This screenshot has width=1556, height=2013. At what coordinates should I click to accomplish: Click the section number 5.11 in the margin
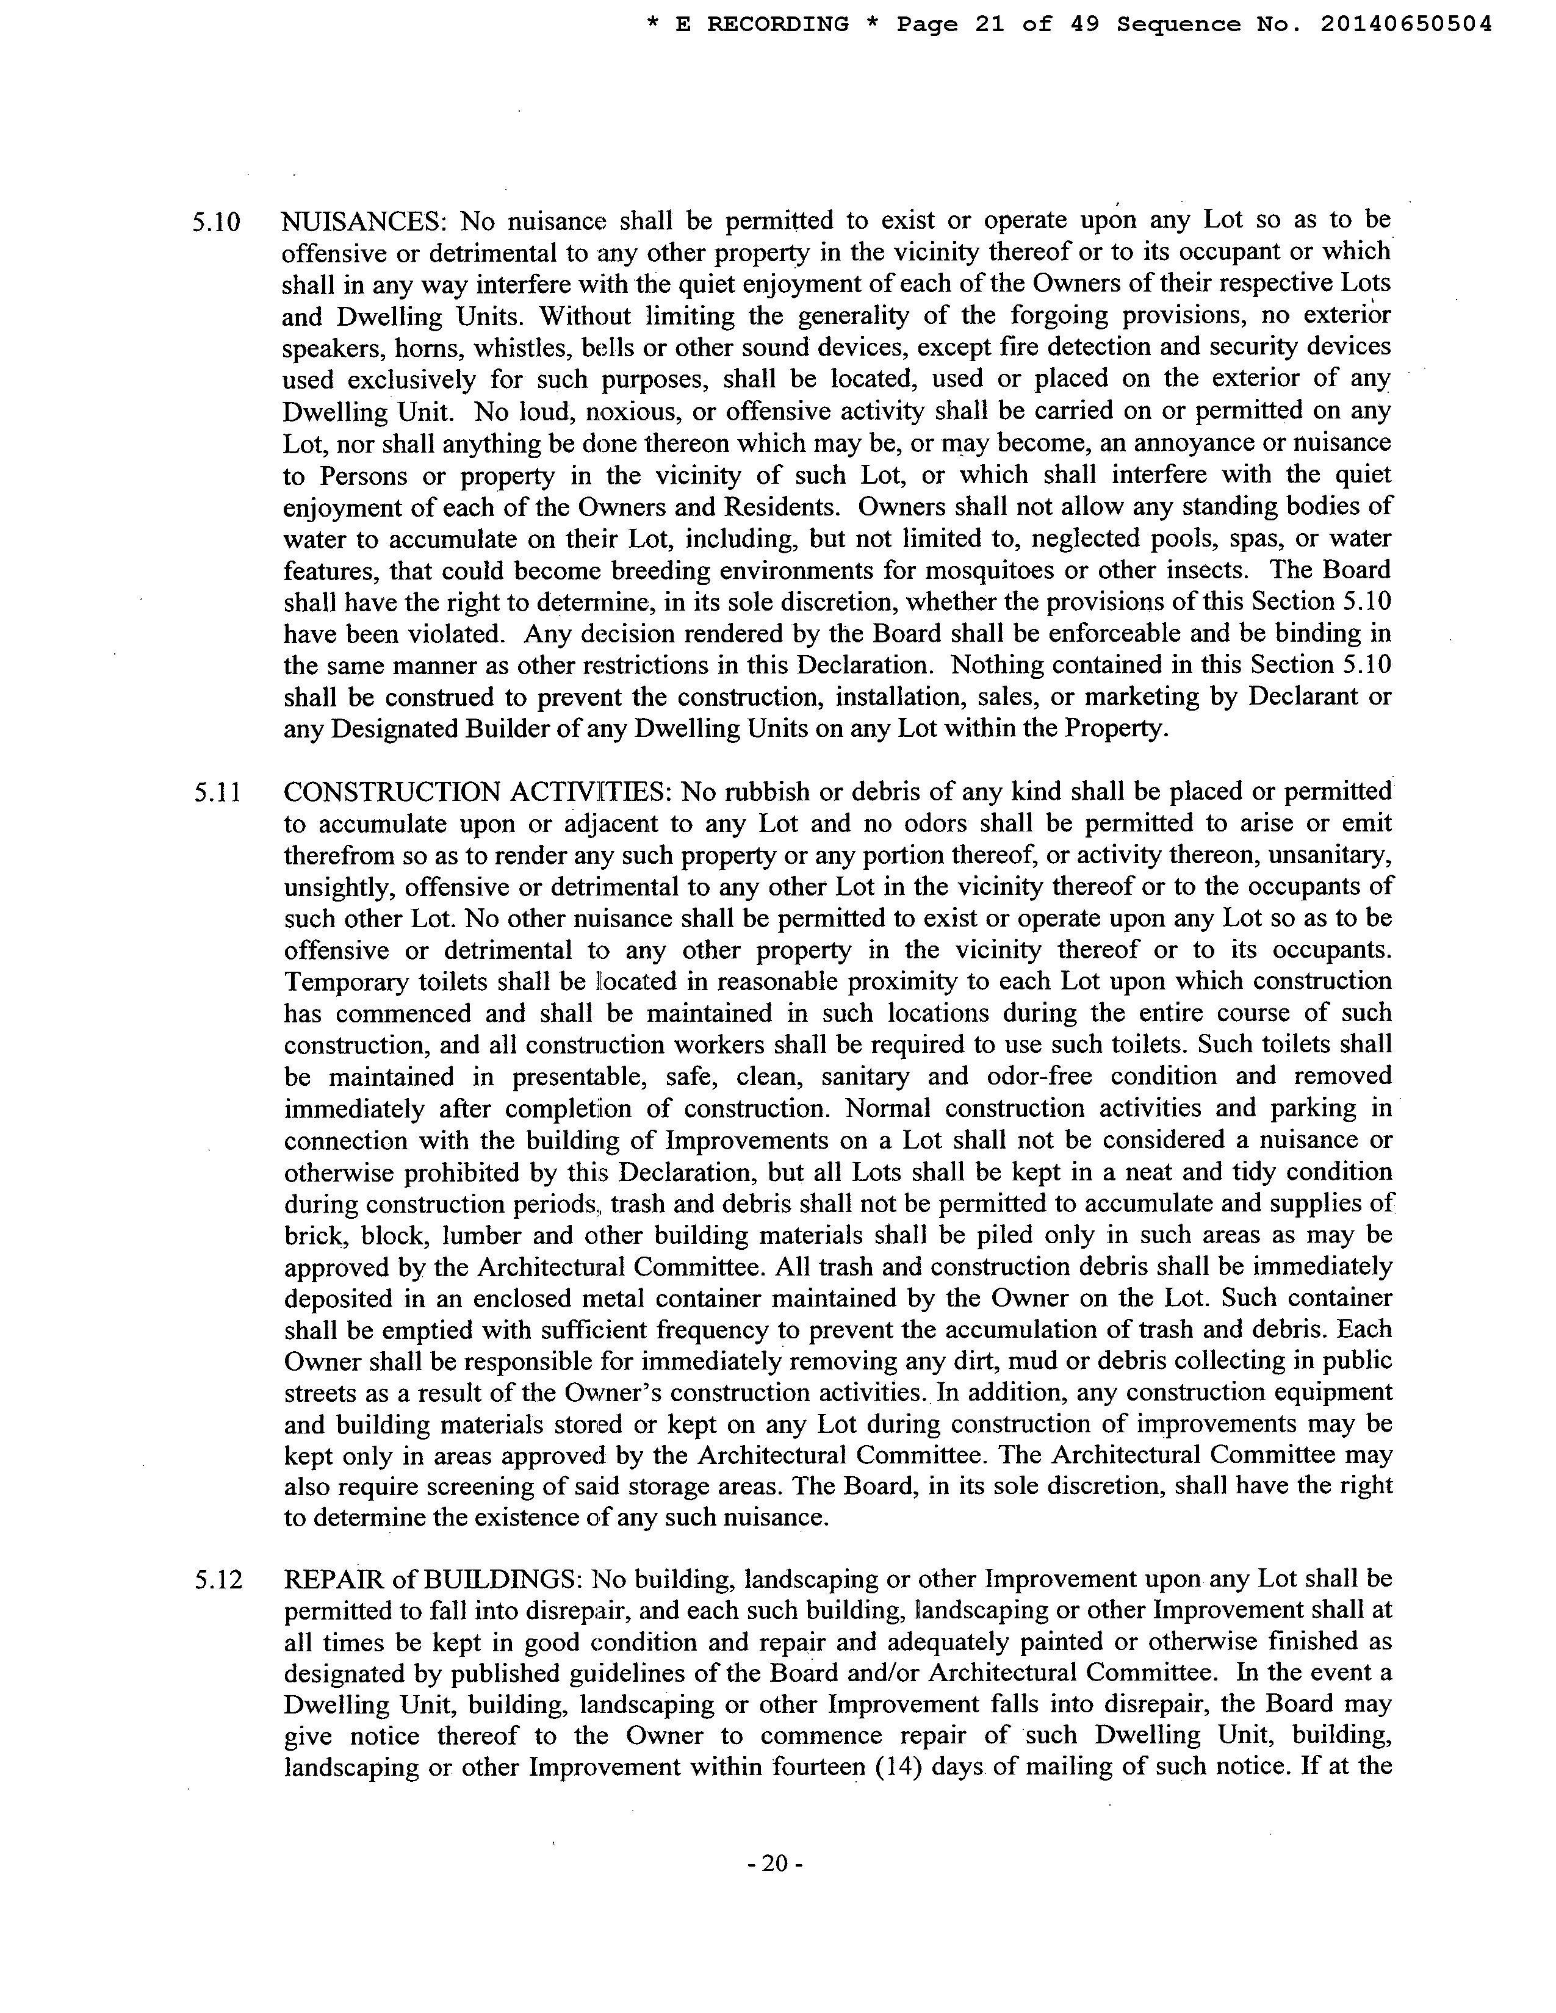[218, 792]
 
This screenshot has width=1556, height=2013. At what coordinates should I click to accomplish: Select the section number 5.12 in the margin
[218, 1580]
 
